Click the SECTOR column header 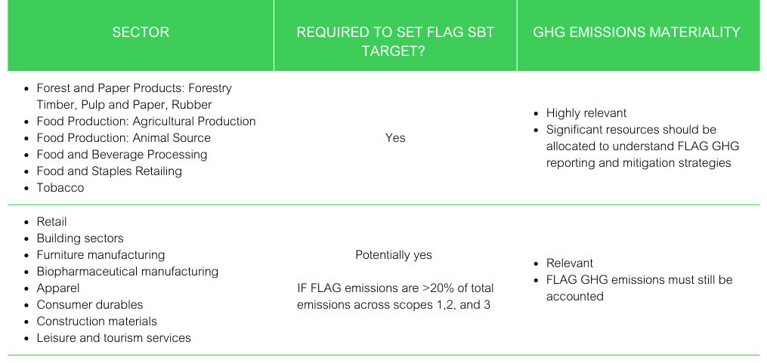(141, 32)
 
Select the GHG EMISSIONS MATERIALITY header (636, 32)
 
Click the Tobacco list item (60, 188)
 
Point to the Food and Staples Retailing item (109, 171)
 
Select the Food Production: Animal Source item (124, 138)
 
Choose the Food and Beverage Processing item (122, 155)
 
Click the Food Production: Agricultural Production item (147, 122)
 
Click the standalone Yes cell (395, 138)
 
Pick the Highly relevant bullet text (586, 113)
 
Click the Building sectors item (80, 238)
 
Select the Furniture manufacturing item (101, 255)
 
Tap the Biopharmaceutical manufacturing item (128, 271)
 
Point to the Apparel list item (58, 288)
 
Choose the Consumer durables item (90, 305)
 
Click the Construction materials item (97, 321)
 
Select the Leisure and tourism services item (114, 337)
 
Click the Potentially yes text (394, 255)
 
